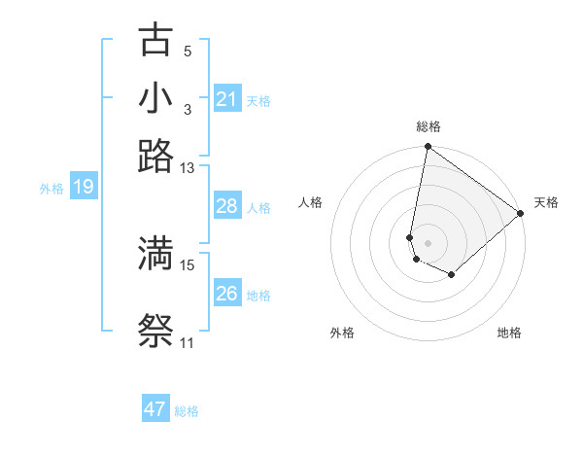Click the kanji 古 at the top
tap(156, 41)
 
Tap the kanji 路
tap(156, 156)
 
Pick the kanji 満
tap(156, 253)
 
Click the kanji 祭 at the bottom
tap(156, 331)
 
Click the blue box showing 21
tap(226, 99)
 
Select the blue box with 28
tap(226, 206)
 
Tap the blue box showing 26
tap(226, 294)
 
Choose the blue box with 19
tap(84, 187)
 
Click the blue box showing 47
tap(155, 409)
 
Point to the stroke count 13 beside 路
tap(187, 167)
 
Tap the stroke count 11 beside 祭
tap(187, 342)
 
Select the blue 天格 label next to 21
tap(258, 100)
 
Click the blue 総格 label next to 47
tap(187, 411)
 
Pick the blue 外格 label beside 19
tap(51, 188)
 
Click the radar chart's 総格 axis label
tap(429, 126)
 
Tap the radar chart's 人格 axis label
tap(311, 202)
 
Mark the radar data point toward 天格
tap(521, 215)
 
